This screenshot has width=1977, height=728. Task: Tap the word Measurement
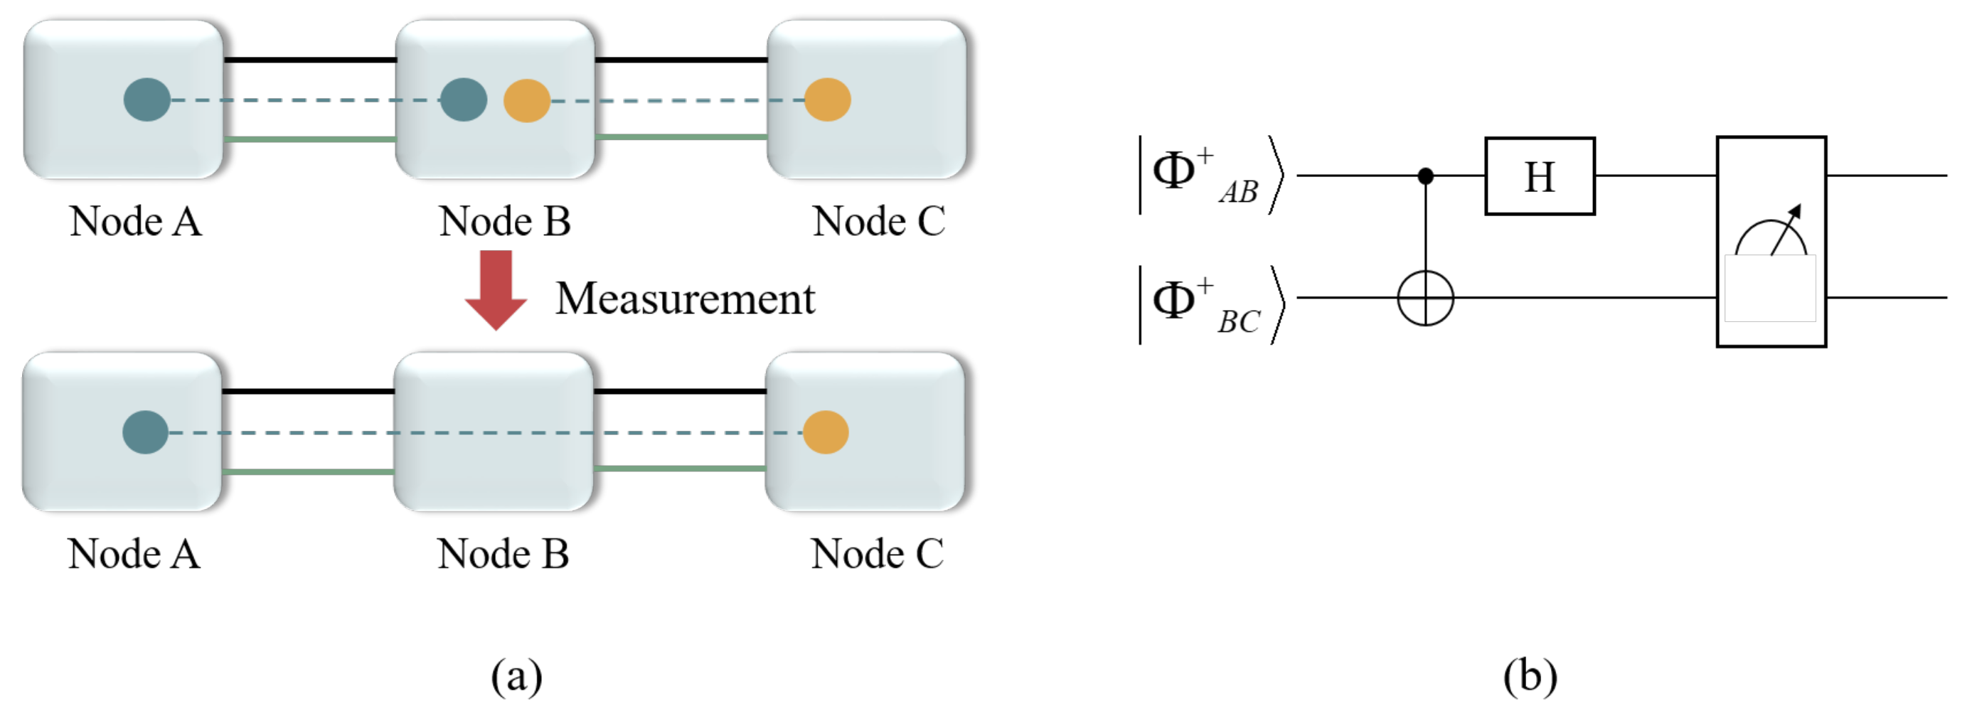coord(685,299)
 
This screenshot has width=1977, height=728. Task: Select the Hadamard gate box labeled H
coord(1539,176)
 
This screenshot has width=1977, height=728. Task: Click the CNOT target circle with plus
coord(1425,298)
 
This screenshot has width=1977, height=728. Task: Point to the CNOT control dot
coord(1425,176)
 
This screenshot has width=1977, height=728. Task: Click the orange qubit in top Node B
coord(526,100)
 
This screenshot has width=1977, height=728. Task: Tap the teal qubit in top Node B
coord(464,100)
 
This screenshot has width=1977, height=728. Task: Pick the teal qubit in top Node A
coord(146,100)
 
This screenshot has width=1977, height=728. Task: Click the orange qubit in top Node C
coord(827,100)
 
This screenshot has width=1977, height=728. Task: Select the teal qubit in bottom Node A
coord(145,432)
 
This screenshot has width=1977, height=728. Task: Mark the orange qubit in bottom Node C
coord(826,432)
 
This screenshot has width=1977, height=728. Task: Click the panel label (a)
coord(516,677)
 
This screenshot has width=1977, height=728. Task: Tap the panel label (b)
coord(1530,677)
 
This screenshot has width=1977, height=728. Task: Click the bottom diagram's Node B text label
coord(503,554)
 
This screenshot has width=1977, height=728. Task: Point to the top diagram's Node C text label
coord(878,222)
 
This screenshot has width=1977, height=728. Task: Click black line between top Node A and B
coord(309,60)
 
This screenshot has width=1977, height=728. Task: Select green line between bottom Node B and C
coord(679,468)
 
